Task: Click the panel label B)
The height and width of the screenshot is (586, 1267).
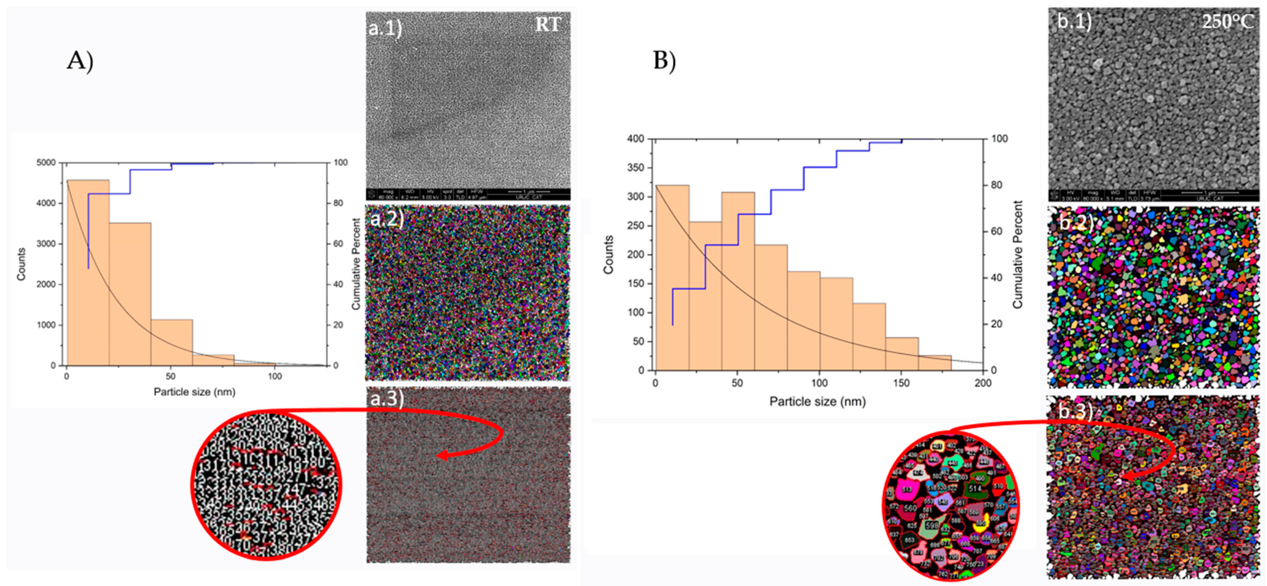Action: pos(664,61)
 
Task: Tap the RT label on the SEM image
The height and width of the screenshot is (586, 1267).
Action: pos(548,25)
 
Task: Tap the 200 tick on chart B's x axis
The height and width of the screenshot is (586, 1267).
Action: pos(983,383)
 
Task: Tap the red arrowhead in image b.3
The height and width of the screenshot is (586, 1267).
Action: pos(1126,476)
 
